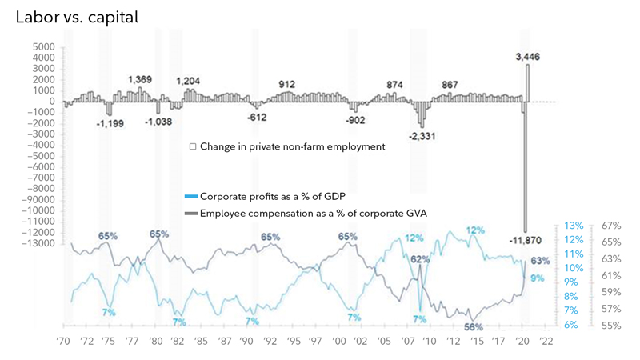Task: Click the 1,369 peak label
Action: click(141, 80)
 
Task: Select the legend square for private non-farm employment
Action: click(193, 146)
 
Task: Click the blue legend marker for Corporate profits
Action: click(190, 196)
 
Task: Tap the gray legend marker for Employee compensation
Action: click(190, 212)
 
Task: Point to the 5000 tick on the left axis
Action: click(42, 47)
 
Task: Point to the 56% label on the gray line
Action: click(474, 326)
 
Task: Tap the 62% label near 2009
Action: click(421, 259)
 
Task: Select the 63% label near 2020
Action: click(540, 261)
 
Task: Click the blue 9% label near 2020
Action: click(537, 278)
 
